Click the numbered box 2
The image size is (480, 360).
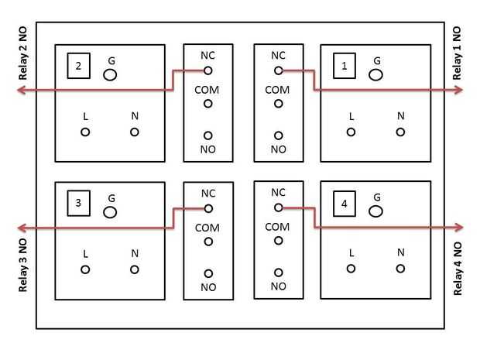click(x=78, y=67)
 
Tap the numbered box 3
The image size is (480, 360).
click(x=78, y=204)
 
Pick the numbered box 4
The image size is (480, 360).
click(x=345, y=204)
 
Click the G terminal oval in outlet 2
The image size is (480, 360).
click(x=110, y=75)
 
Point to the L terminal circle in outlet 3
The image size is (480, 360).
click(x=85, y=269)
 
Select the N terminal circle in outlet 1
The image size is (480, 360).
click(x=400, y=132)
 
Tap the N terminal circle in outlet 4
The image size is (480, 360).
click(x=400, y=268)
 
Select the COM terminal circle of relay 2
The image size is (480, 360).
click(x=207, y=104)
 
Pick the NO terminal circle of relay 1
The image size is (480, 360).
click(x=278, y=135)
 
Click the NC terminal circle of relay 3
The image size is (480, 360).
click(x=207, y=207)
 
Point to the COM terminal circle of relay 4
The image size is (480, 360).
click(x=278, y=240)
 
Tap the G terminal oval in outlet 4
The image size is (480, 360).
click(x=376, y=211)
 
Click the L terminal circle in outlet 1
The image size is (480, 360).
click(x=351, y=132)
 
